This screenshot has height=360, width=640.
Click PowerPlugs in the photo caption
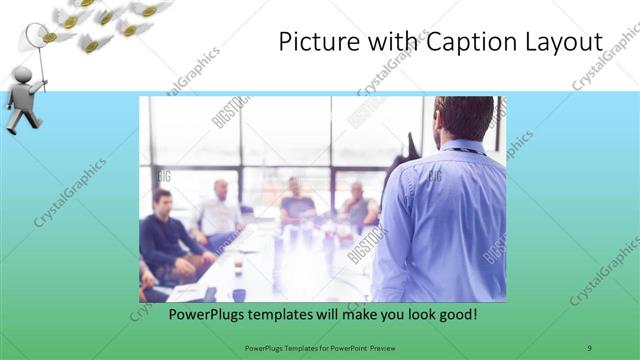204,314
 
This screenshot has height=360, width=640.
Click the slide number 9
589,347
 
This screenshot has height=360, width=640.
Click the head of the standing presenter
464,119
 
